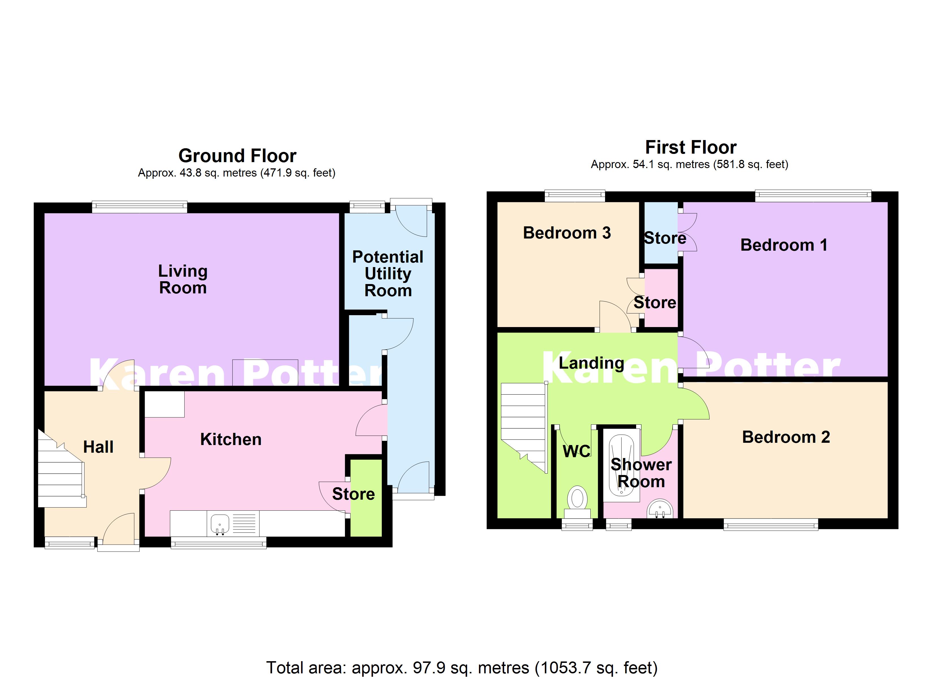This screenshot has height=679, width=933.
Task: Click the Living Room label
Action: (x=183, y=279)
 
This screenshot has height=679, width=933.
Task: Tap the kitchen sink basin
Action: (x=220, y=523)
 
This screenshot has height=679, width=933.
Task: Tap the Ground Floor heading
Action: (x=237, y=156)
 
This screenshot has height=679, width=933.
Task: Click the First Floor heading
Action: (x=691, y=147)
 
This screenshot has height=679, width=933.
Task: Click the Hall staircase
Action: (x=61, y=474)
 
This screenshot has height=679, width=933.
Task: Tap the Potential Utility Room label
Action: (x=388, y=274)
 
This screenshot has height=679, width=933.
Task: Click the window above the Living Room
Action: (x=139, y=207)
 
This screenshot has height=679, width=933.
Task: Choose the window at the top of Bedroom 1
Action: (x=813, y=195)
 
